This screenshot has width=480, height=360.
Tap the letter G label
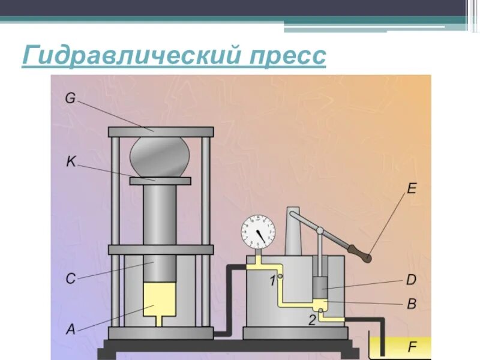[x=71, y=98]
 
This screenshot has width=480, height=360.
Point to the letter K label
[x=71, y=161]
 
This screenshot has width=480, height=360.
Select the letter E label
[x=412, y=189]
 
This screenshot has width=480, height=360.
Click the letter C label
[x=70, y=278]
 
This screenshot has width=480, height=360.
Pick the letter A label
[x=70, y=329]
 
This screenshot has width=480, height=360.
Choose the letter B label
[x=412, y=304]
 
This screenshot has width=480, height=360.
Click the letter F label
[x=412, y=346]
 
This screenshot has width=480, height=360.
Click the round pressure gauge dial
[x=258, y=231]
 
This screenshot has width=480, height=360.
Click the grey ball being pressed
[x=160, y=156]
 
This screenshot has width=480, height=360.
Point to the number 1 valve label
[x=272, y=281]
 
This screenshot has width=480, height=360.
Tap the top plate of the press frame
[x=161, y=131]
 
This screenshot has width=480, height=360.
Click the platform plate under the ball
[x=160, y=181]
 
